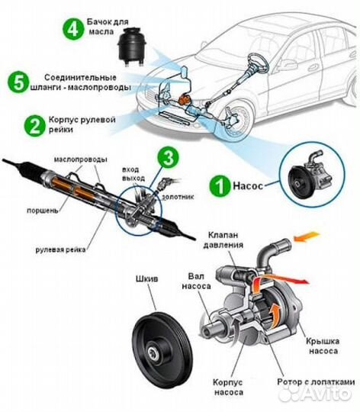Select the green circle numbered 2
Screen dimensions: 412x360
[34, 125]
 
